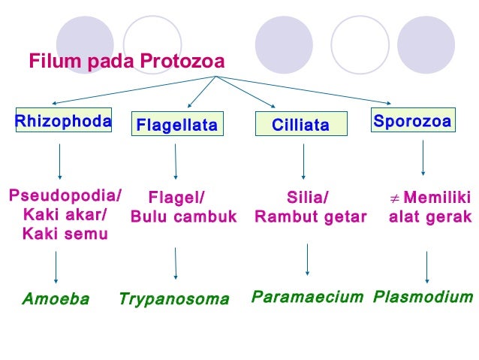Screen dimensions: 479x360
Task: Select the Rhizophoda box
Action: [64, 121]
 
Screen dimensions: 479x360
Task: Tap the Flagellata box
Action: [176, 125]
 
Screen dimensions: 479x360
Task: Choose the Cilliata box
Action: [301, 125]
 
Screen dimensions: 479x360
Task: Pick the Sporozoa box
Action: [412, 121]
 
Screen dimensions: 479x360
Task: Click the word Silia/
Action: [308, 198]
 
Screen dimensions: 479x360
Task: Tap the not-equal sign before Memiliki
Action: [394, 198]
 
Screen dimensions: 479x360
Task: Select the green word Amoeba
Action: [56, 299]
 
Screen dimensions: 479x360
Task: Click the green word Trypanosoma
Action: [173, 299]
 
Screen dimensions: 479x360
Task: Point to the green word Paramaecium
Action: [307, 296]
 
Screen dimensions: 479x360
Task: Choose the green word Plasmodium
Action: [423, 296]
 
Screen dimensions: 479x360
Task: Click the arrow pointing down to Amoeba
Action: [57, 268]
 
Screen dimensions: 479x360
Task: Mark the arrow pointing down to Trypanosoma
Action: [176, 263]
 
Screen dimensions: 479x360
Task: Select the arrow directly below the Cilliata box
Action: [303, 160]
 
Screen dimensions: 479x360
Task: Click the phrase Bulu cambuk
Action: [184, 217]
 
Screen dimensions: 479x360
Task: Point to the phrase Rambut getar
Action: [311, 217]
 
